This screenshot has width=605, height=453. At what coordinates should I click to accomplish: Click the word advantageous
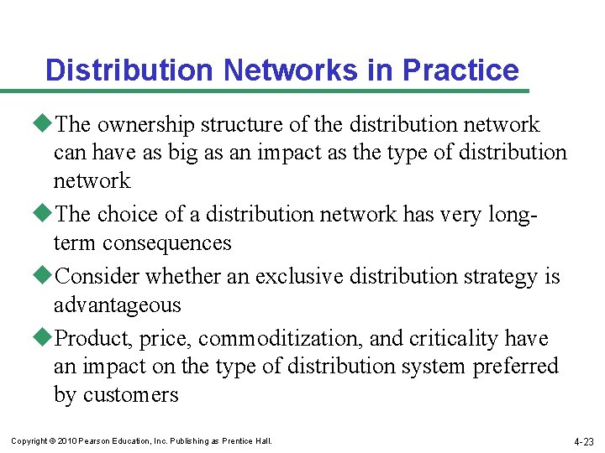[x=117, y=305]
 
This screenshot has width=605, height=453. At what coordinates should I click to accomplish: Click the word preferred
[x=515, y=367]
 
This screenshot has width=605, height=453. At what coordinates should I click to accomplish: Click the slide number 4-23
[x=583, y=441]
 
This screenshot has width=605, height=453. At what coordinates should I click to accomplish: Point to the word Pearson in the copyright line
[x=97, y=441]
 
